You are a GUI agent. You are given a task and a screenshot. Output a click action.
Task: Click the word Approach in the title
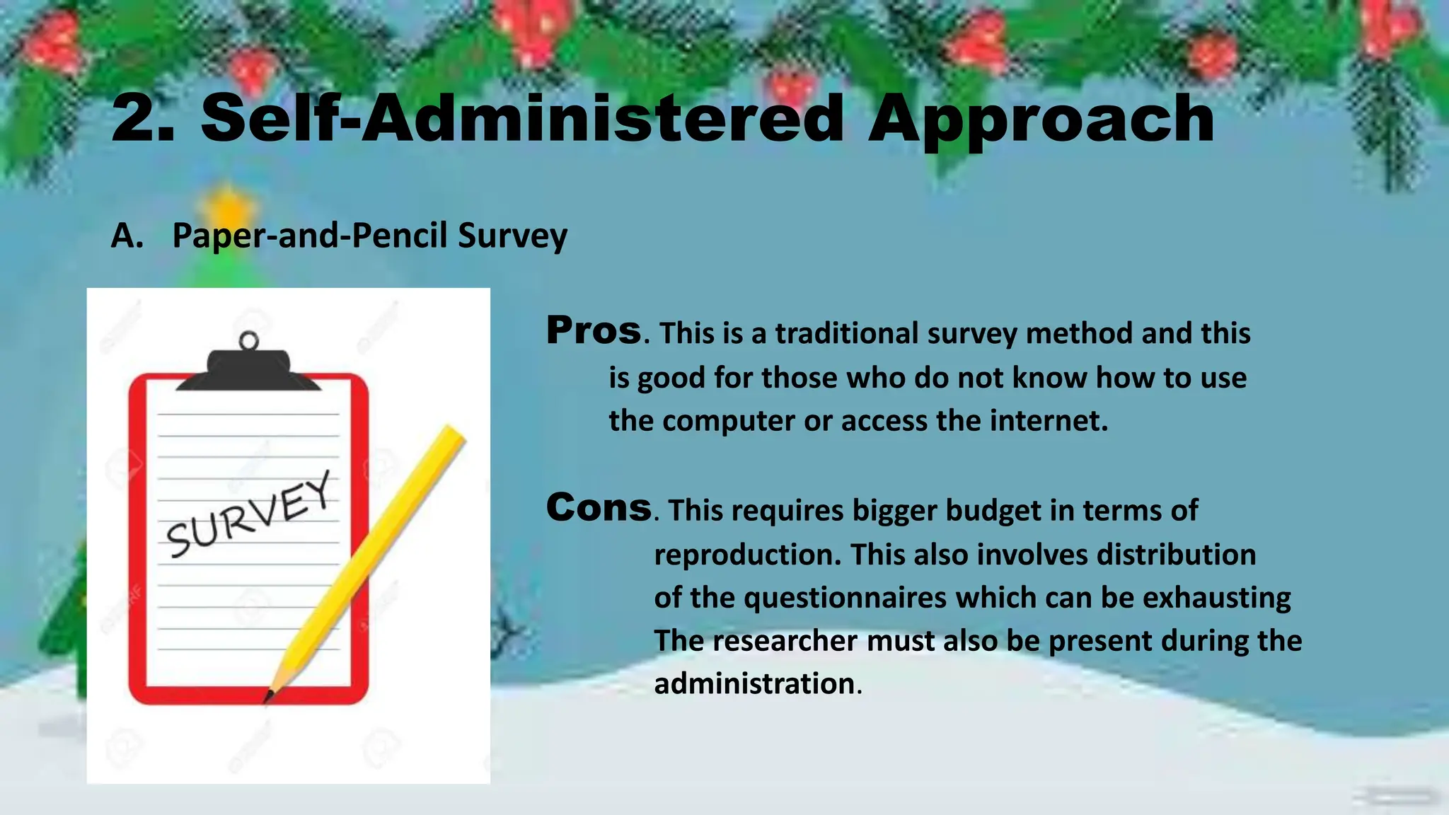click(1041, 120)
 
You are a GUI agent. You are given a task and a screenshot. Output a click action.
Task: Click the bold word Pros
click(594, 330)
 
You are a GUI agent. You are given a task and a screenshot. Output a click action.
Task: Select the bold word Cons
click(599, 507)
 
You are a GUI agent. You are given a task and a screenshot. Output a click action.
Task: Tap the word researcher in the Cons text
click(785, 641)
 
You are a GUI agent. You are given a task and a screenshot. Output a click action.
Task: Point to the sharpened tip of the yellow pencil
click(269, 697)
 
